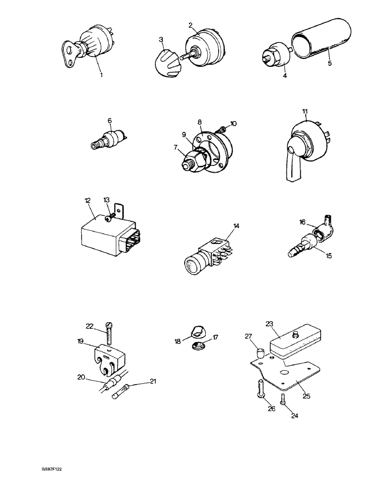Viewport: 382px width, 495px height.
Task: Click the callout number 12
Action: (87, 200)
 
